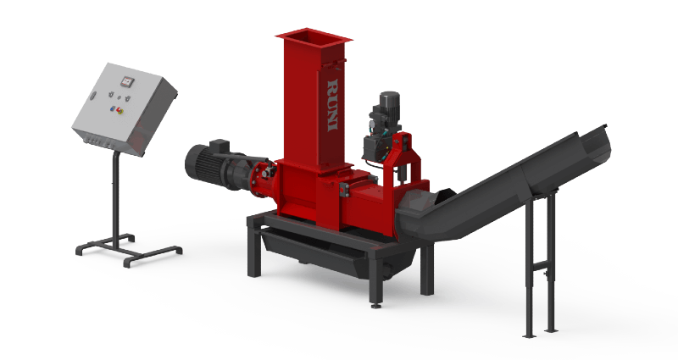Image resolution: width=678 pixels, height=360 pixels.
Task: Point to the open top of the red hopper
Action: [x=313, y=36]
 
